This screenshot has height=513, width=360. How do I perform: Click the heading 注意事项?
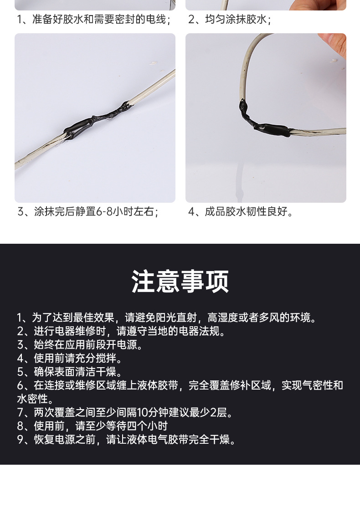pyautogui.click(x=180, y=282)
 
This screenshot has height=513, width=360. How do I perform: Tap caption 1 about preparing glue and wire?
pyautogui.click(x=94, y=20)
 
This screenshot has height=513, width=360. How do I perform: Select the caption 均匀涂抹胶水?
pyautogui.click(x=230, y=20)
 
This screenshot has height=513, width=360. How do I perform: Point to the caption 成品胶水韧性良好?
pyautogui.click(x=241, y=212)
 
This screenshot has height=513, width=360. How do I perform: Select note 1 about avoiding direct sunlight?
pyautogui.click(x=166, y=318)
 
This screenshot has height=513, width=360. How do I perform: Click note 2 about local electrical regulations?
pyautogui.click(x=121, y=331)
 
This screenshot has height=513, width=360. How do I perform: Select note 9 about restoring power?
pyautogui.click(x=127, y=440)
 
